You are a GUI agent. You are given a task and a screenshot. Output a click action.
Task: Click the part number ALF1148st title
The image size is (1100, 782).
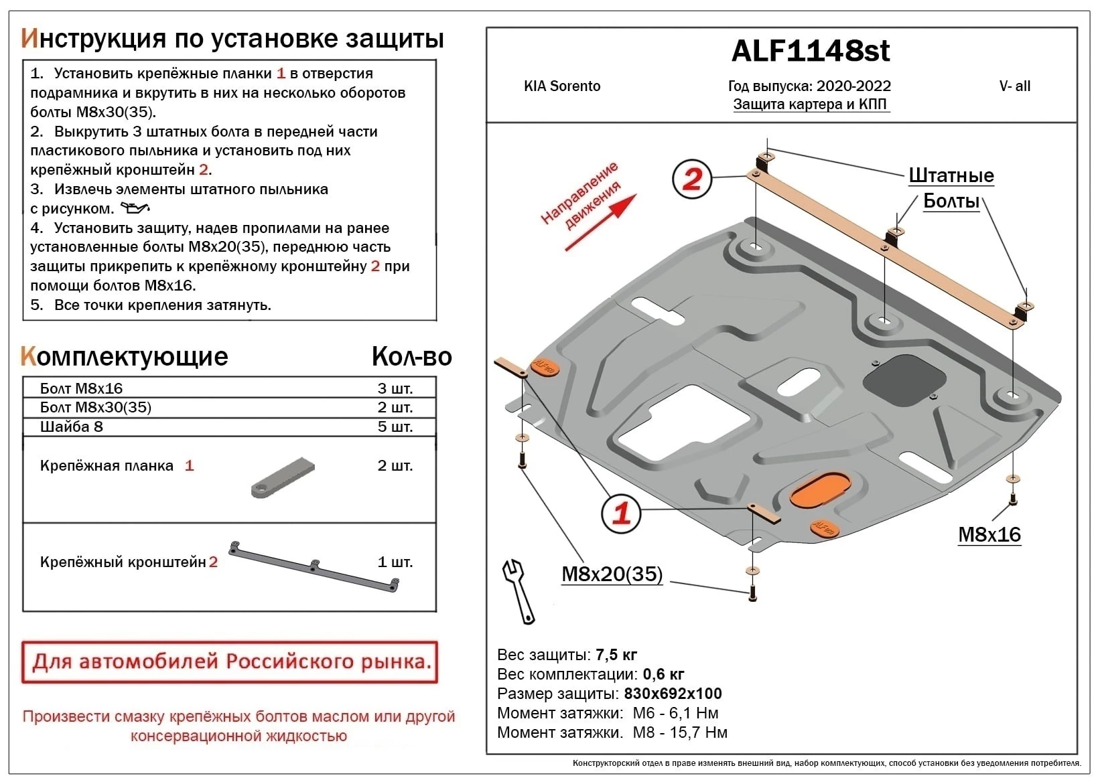pos(811,51)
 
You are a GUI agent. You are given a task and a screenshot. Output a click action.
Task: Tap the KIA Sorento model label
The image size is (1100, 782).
pos(561,86)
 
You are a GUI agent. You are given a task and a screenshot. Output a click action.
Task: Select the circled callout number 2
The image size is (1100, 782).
pos(692,179)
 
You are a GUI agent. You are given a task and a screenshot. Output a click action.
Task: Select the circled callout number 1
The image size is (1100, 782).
pos(622,514)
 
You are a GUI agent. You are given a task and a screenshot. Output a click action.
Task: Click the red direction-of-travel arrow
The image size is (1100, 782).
pos(600,224)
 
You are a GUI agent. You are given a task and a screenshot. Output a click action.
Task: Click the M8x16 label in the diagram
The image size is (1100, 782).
pos(989,534)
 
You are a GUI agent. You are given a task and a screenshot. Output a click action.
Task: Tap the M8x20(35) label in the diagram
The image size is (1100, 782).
pos(612,574)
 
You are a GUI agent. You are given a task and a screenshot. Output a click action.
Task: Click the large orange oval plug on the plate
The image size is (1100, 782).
pos(819,491)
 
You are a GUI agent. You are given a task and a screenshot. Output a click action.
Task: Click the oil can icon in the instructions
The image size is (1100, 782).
pos(135,208)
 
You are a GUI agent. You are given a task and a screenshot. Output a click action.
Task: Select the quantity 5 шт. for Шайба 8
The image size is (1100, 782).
pos(395,426)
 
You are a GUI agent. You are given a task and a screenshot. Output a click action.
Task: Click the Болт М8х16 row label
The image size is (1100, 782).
pos(81,388)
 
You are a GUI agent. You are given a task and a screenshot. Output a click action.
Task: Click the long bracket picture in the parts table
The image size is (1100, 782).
pos(314,566)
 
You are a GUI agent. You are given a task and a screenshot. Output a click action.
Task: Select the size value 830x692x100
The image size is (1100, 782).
pos(673,693)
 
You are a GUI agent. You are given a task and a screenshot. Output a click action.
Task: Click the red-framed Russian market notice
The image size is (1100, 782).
pos(229,661)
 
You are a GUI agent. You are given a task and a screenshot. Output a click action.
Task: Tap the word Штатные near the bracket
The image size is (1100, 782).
pos(951,175)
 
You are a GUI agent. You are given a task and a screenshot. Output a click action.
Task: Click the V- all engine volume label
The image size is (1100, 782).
pos(1014,86)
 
